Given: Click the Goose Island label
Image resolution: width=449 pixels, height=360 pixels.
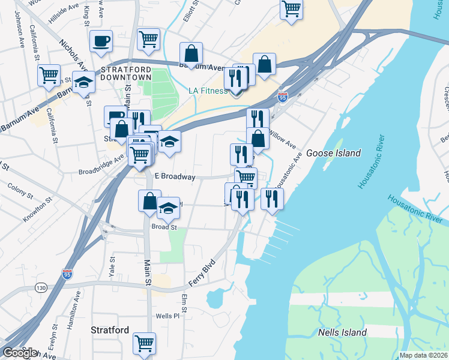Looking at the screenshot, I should pyautogui.click(x=333, y=153).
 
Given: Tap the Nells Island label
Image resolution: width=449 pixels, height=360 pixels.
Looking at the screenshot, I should pyautogui.click(x=342, y=332).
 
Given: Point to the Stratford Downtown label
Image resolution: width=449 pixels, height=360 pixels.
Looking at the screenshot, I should pyautogui.click(x=125, y=73).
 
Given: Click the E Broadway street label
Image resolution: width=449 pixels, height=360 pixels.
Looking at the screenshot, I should pyautogui.click(x=175, y=177).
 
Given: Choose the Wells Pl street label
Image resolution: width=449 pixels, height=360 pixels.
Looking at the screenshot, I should pyautogui.click(x=167, y=316).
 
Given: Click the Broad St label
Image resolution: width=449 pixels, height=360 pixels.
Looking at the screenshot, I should pyautogui.click(x=164, y=227).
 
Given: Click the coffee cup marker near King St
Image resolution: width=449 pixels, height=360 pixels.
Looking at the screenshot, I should pyautogui.click(x=101, y=41).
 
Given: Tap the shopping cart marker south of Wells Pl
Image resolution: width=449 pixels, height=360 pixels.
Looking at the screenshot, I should pyautogui.click(x=145, y=343).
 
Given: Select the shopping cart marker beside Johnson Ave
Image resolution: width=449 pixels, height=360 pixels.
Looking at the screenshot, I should pyautogui.click(x=49, y=75).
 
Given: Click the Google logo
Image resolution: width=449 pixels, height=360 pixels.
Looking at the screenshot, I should pyautogui.click(x=19, y=353).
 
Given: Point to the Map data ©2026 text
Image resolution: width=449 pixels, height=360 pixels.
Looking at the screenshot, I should pyautogui.click(x=424, y=355).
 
